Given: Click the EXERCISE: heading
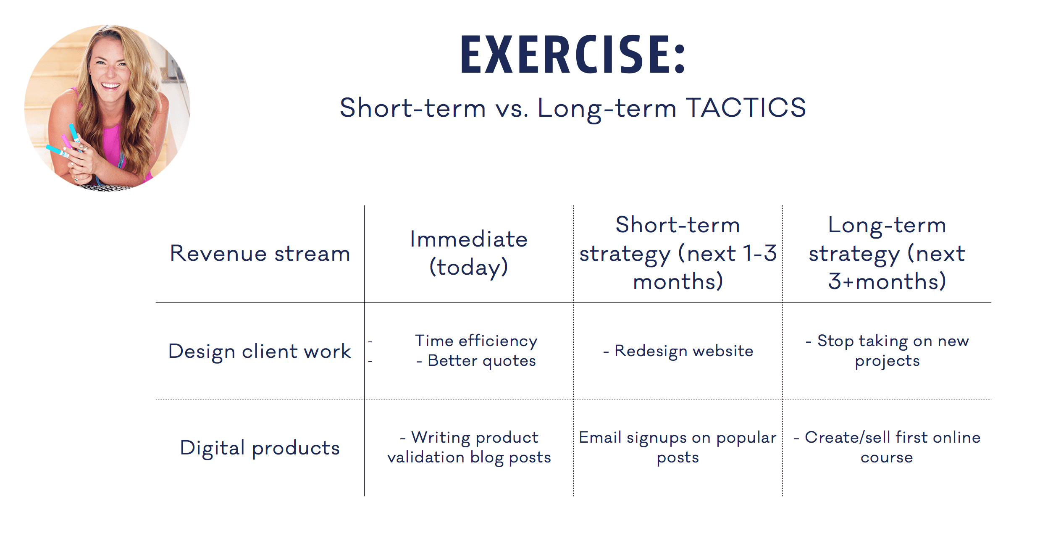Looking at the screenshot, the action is [573, 55].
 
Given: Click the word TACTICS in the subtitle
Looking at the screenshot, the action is [746, 108].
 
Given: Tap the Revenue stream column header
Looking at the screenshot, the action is [260, 254].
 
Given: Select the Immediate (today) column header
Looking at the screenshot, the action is [469, 253].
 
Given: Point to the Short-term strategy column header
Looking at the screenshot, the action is [678, 253].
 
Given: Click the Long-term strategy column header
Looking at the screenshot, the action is [887, 253].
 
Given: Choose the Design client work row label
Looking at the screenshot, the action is [260, 351].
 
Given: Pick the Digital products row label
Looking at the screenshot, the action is [260, 448].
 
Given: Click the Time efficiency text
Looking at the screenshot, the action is [476, 341].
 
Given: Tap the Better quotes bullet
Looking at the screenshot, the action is [476, 361].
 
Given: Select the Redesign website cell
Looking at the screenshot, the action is [678, 351].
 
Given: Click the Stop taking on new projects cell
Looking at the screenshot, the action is [887, 351].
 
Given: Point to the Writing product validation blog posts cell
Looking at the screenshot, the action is [469, 448].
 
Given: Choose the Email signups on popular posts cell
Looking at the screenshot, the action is [678, 448].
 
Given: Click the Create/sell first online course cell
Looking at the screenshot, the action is [887, 447].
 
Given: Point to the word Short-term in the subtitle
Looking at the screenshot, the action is [412, 108].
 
